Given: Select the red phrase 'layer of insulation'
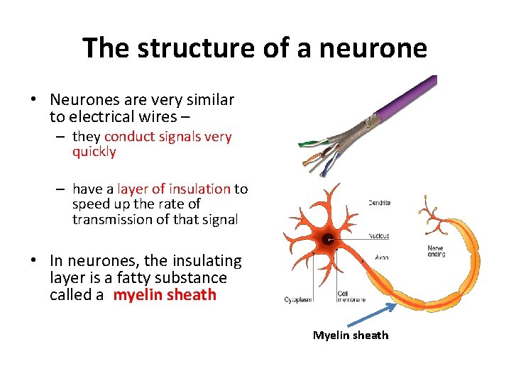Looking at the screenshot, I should click(x=174, y=189).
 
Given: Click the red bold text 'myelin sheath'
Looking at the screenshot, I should click(x=165, y=294).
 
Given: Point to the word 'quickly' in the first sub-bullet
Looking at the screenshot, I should click(x=94, y=152).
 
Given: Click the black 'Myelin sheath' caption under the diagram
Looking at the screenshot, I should click(x=351, y=335).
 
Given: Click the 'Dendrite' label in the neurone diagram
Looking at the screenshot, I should click(x=379, y=204).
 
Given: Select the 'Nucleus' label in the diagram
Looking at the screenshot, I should click(x=378, y=236).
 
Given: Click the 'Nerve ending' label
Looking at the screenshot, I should click(x=436, y=251).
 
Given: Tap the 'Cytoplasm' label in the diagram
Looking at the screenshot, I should click(x=298, y=299).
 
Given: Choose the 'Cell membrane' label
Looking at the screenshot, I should click(x=351, y=296).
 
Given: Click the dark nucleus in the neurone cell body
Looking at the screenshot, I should click(x=328, y=240).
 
